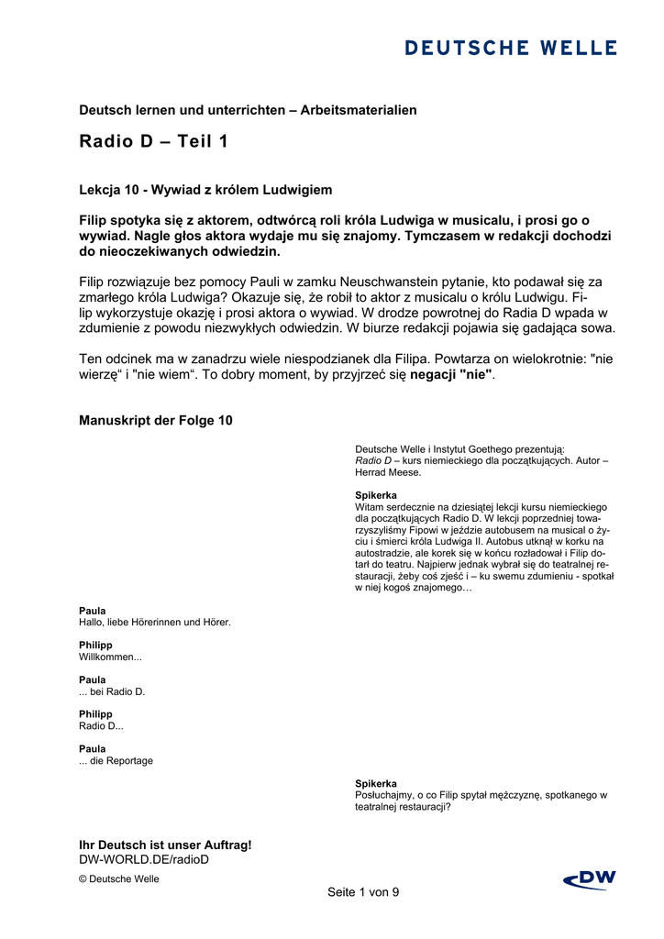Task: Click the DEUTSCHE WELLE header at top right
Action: (x=511, y=48)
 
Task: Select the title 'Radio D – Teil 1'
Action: (x=153, y=142)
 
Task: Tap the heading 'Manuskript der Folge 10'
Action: (x=156, y=421)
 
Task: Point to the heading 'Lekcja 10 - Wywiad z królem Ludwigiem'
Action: (x=205, y=190)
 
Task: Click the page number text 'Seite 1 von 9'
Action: (x=363, y=892)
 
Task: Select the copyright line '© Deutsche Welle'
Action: (x=118, y=878)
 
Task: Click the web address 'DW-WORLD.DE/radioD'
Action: (x=144, y=859)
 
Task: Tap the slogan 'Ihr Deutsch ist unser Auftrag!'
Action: (x=165, y=845)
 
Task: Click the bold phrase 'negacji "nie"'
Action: (x=451, y=375)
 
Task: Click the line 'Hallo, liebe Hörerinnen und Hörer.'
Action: (x=155, y=622)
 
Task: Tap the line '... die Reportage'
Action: (x=116, y=760)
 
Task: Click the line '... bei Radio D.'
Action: (x=113, y=691)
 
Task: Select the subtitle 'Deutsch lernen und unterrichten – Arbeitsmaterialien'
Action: (x=248, y=110)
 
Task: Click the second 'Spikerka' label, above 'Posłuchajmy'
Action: (x=376, y=783)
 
